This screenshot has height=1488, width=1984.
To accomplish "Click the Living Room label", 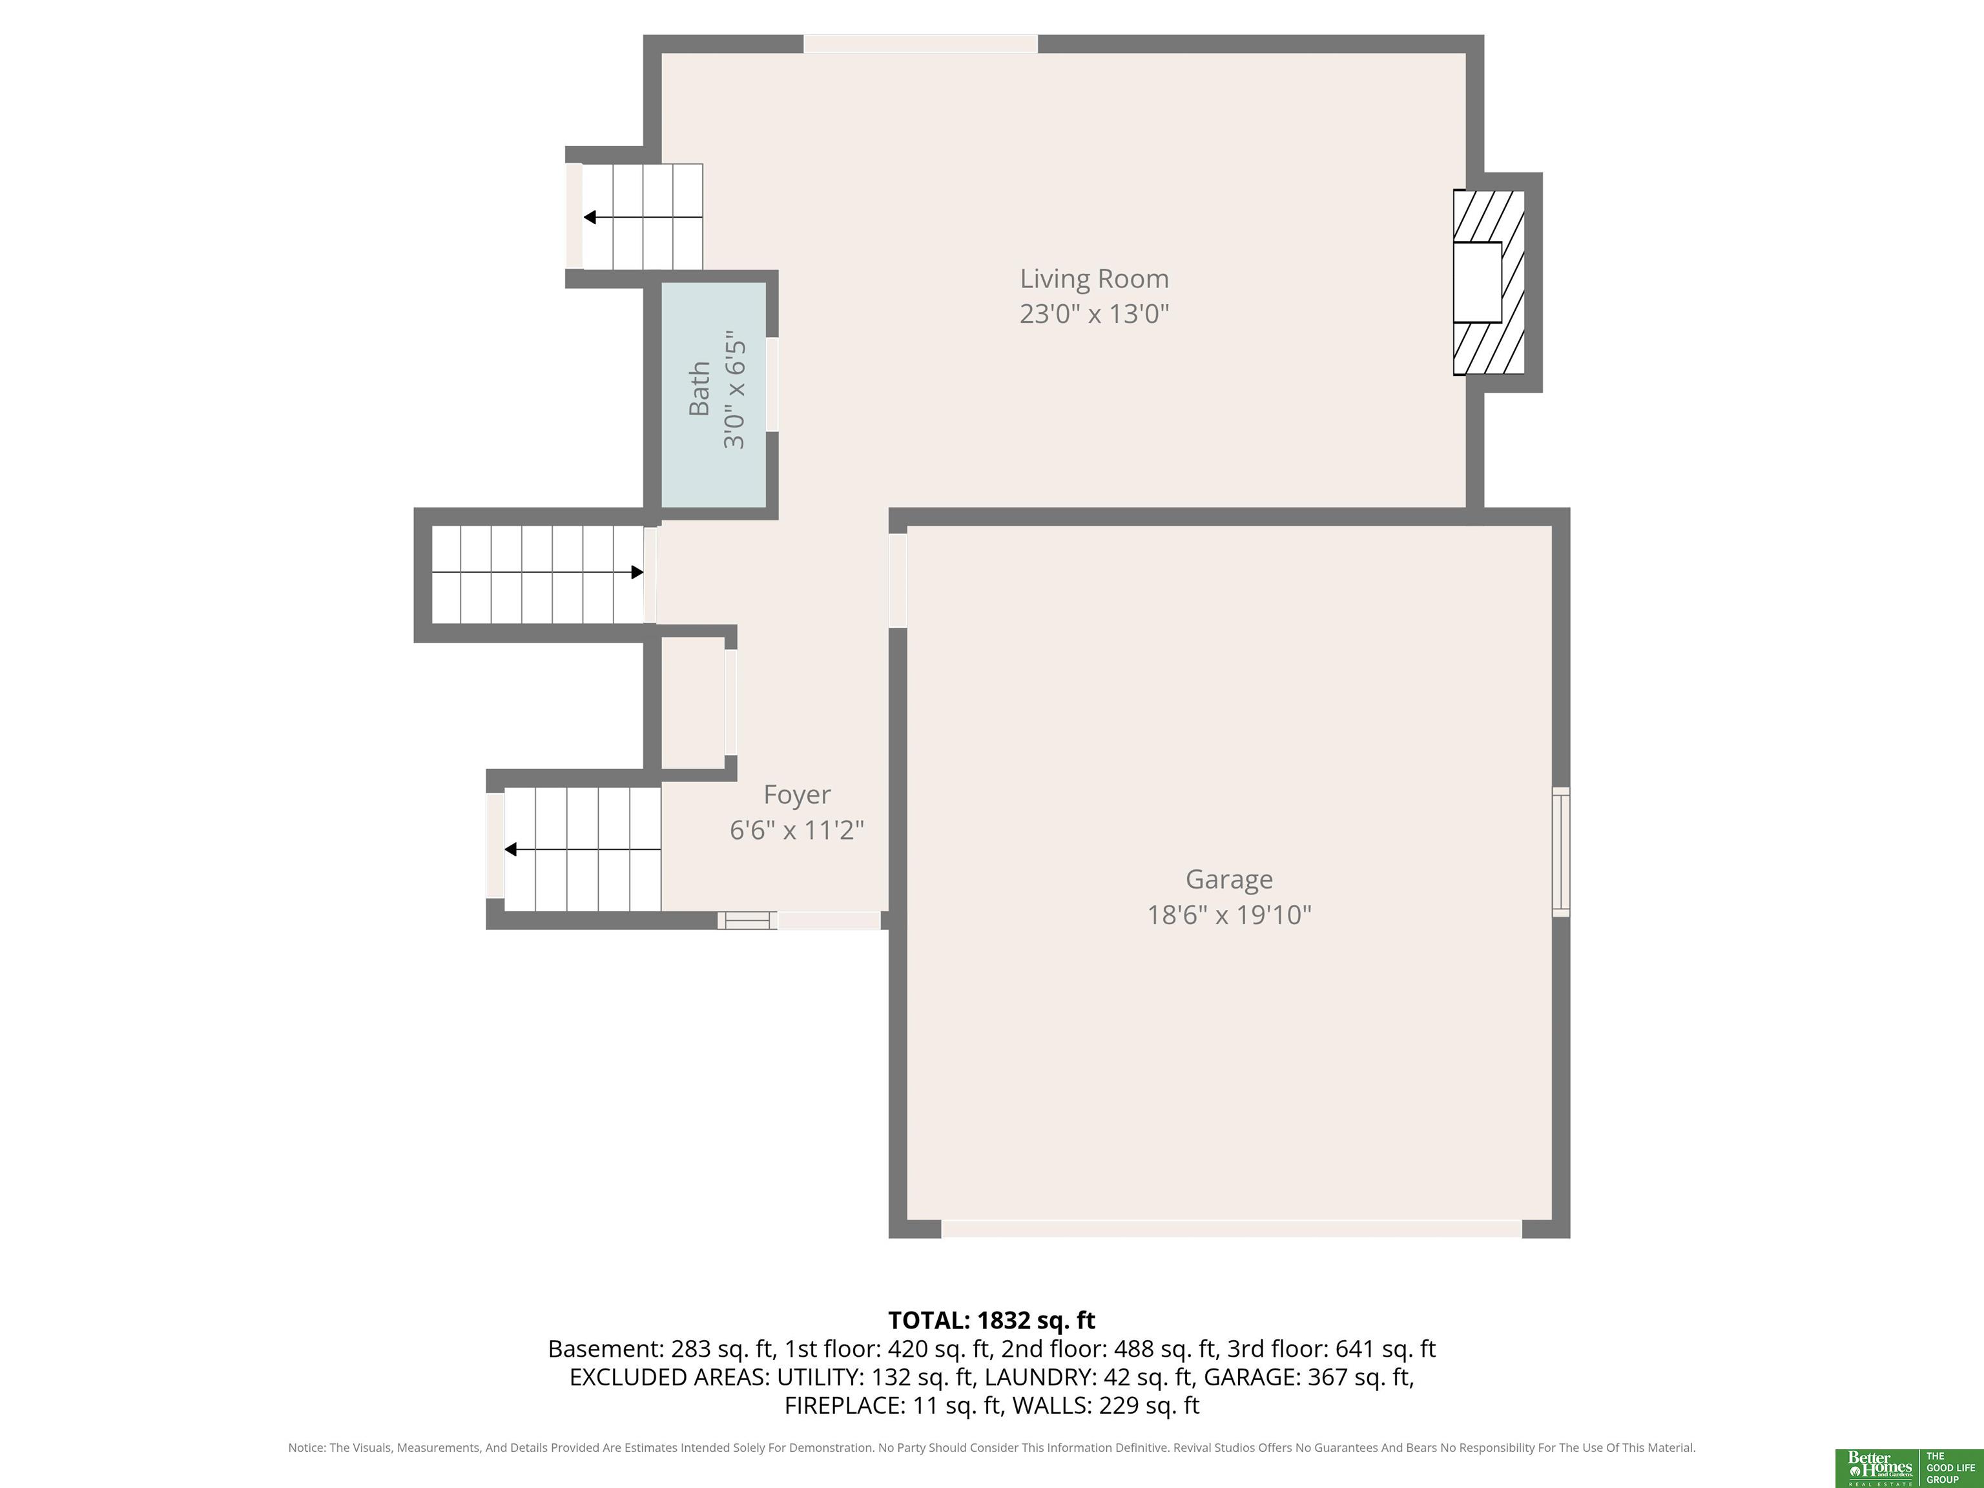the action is (1094, 279).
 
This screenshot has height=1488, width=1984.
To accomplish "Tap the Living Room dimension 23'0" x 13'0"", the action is (1094, 314).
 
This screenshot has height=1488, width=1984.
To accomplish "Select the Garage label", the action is (1229, 880).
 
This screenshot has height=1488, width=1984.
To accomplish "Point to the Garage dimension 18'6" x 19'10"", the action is (1229, 915).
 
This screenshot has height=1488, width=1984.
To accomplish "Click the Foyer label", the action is (796, 794).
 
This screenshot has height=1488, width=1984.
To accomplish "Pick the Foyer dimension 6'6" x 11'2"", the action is (796, 830).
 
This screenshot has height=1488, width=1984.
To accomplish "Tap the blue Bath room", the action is (714, 395).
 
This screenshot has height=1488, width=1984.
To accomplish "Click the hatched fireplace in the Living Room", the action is (1489, 282).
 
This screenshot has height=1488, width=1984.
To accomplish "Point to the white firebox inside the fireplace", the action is (1477, 282).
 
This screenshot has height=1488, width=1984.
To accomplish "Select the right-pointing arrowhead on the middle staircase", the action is (637, 572).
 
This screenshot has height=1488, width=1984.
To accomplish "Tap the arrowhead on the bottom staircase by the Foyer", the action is (510, 849).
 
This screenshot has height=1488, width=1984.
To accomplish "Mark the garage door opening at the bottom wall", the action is (1232, 1229).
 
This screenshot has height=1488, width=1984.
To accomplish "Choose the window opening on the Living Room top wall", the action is (920, 43).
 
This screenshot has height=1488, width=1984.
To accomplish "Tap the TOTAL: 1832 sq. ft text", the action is (991, 1320).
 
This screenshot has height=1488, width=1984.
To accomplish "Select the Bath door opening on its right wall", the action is (772, 385).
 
